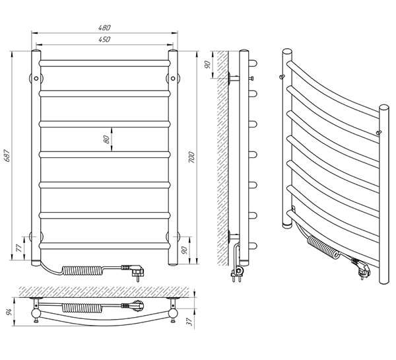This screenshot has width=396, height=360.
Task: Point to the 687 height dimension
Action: (9, 156)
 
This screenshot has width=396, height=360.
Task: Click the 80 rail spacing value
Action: (106, 139)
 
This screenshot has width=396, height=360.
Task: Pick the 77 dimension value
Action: (18, 248)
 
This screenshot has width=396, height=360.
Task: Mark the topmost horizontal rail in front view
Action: (106, 63)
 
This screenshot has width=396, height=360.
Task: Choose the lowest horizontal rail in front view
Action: (106, 244)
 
